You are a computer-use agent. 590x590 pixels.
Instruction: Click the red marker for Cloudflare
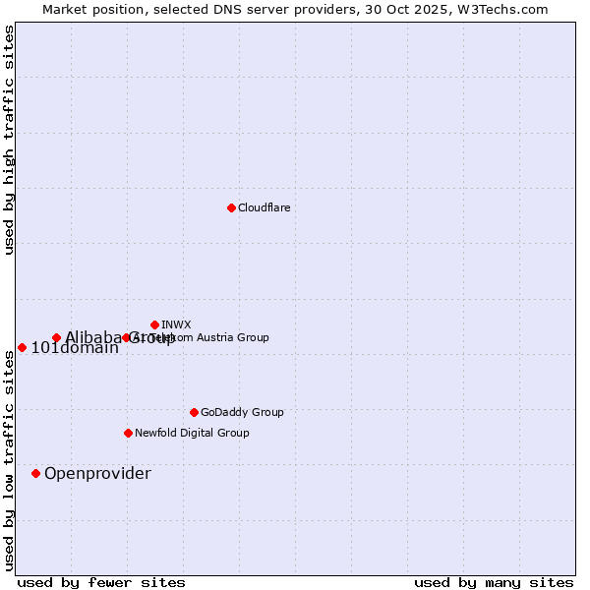point(231,207)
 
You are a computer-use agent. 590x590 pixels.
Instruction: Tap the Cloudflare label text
point(264,207)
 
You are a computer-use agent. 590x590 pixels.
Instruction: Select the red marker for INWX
point(154,324)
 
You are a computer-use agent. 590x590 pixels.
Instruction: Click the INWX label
point(176,324)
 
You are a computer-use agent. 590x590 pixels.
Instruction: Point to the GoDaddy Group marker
point(194,412)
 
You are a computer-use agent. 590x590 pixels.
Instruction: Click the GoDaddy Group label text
point(242,412)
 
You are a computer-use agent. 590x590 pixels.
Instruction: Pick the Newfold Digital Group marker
point(128,433)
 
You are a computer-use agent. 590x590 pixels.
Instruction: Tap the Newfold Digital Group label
point(192,433)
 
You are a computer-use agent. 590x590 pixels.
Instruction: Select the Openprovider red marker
point(35,473)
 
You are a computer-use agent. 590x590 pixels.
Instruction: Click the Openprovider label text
point(97,474)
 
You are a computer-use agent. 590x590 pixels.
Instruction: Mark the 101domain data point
point(22,347)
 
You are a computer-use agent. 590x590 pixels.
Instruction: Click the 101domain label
point(75,348)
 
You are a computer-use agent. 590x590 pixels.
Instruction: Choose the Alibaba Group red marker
point(56,337)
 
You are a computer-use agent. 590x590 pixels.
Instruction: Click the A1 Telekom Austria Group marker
point(126,337)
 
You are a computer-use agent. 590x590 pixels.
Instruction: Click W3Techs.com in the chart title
point(501,9)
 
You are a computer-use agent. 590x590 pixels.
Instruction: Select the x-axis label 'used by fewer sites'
point(101,582)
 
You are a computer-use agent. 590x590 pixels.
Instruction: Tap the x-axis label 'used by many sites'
point(494,582)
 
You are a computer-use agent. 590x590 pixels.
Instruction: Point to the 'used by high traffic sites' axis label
point(10,140)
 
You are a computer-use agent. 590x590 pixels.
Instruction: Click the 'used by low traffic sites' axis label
point(10,458)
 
